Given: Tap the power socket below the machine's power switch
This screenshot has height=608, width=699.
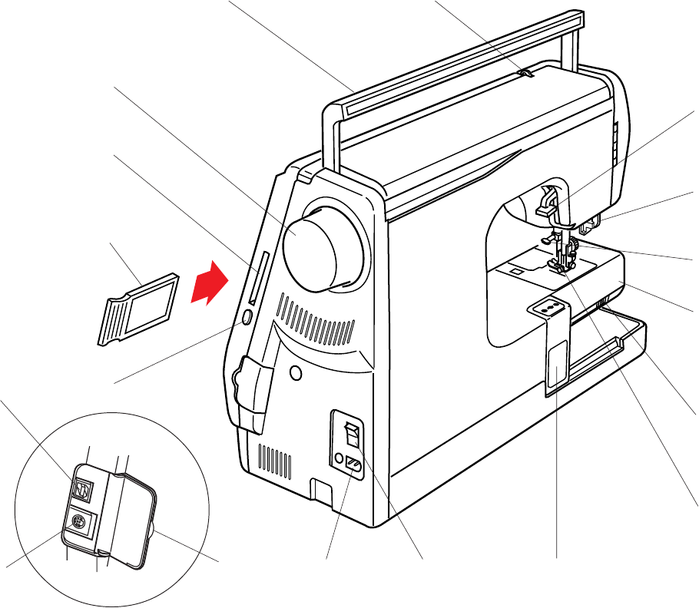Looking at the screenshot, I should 355,466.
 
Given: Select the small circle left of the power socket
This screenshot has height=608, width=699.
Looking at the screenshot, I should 339,459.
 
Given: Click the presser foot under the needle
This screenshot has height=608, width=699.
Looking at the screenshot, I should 556,264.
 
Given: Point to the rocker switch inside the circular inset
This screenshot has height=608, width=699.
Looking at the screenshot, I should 83,487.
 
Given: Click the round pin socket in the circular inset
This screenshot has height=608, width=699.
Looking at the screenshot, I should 78,523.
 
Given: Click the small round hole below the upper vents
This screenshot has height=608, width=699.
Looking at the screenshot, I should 295,373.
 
